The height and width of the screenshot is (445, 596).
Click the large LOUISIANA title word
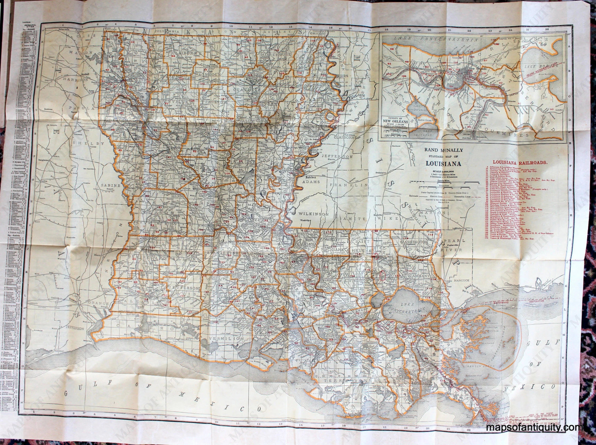point(443,163)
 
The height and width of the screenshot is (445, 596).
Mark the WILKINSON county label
point(313,214)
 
